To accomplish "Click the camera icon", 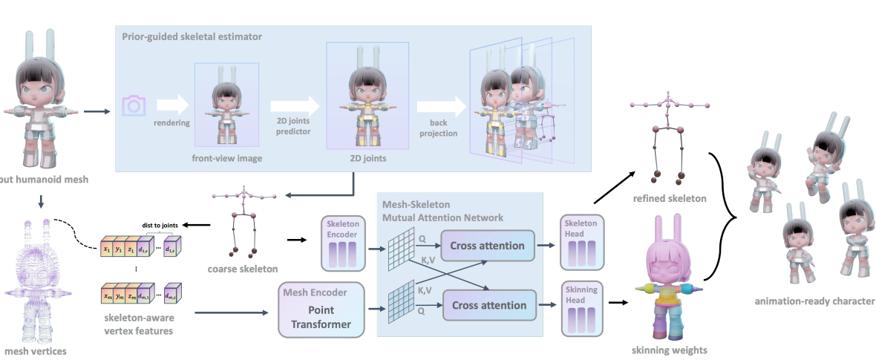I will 134,106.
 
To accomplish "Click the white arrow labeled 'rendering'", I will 172,106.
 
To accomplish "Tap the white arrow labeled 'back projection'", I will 437,106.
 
